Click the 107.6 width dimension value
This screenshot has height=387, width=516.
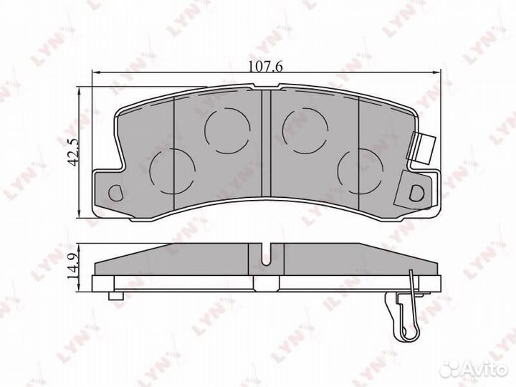[266, 67]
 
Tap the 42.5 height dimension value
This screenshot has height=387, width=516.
[74, 152]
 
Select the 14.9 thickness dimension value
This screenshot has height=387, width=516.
[72, 267]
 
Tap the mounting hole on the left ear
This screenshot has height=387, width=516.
[115, 193]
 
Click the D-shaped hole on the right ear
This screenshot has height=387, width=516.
[416, 193]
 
